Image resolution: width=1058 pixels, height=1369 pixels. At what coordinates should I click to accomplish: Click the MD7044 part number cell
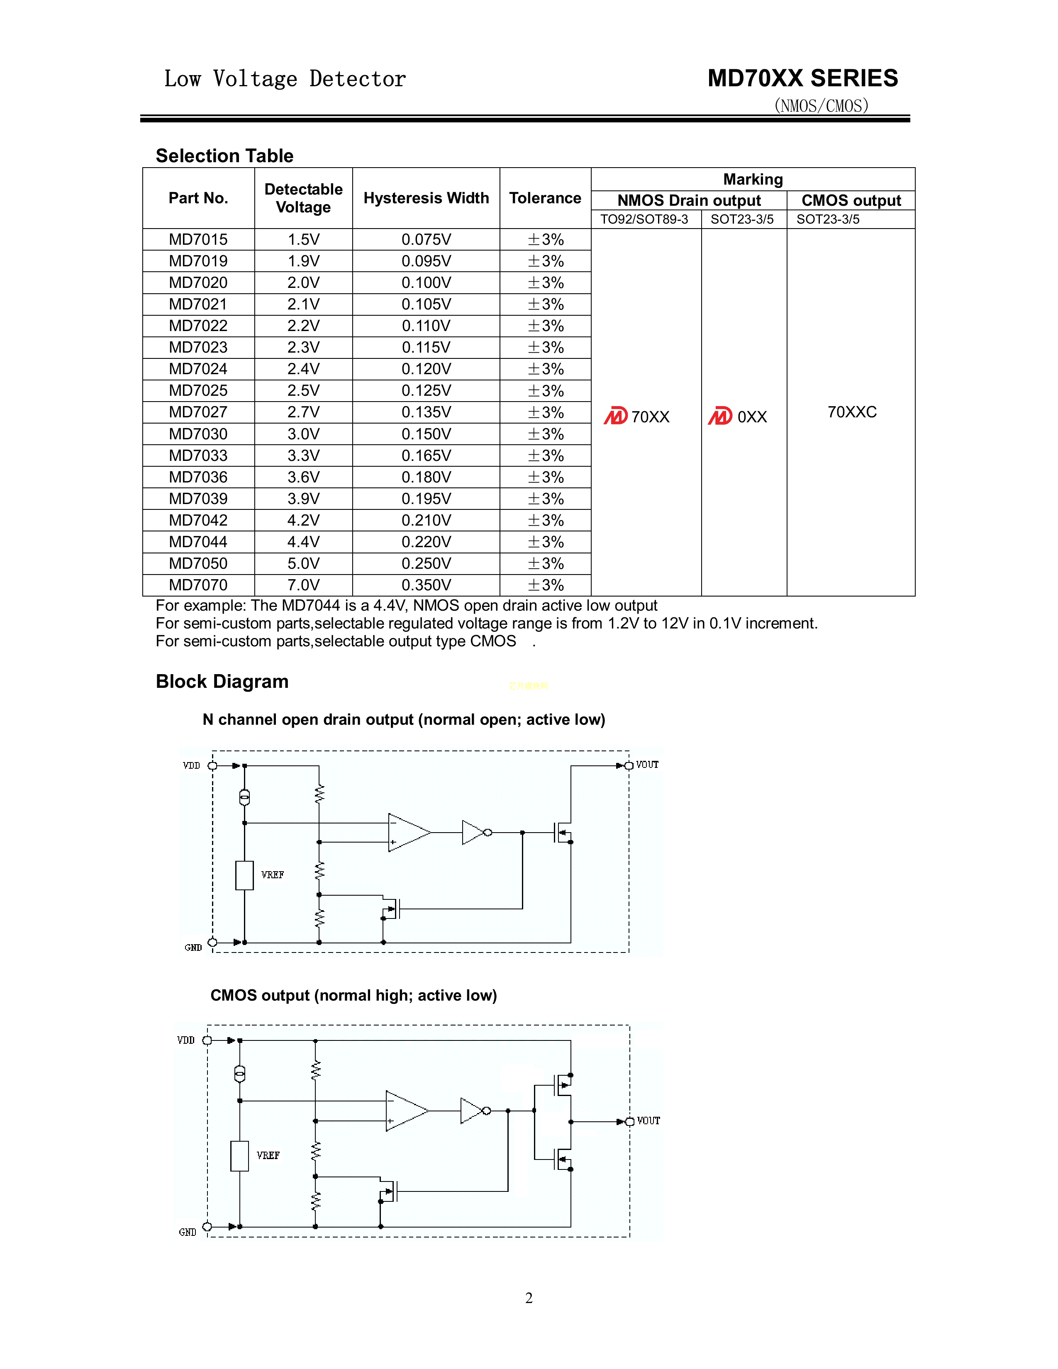(x=198, y=541)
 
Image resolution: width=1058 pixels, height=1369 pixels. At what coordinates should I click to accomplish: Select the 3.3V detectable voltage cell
(x=303, y=456)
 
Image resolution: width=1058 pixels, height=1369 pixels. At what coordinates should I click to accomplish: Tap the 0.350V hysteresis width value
(x=426, y=585)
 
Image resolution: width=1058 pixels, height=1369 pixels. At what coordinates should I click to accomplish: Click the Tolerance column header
(x=545, y=198)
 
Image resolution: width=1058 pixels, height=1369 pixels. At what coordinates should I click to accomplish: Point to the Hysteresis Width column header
(x=426, y=198)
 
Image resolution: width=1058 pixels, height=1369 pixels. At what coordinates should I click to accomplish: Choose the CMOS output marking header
(x=851, y=201)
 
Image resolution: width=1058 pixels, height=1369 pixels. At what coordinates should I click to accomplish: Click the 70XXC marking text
(x=852, y=412)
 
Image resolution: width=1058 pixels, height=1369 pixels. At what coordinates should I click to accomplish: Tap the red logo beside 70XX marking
(x=615, y=416)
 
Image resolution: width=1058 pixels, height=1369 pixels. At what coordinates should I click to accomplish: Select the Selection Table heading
(x=224, y=156)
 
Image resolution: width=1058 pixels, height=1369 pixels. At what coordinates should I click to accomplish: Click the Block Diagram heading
(x=222, y=681)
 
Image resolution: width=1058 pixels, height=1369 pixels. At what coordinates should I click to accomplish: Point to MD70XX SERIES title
(x=802, y=78)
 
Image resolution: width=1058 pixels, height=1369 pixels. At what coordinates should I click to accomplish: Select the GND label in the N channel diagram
(x=193, y=947)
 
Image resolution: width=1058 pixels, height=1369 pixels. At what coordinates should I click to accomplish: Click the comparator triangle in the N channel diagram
(x=407, y=833)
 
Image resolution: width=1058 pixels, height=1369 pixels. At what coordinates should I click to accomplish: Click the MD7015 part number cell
(x=198, y=239)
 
